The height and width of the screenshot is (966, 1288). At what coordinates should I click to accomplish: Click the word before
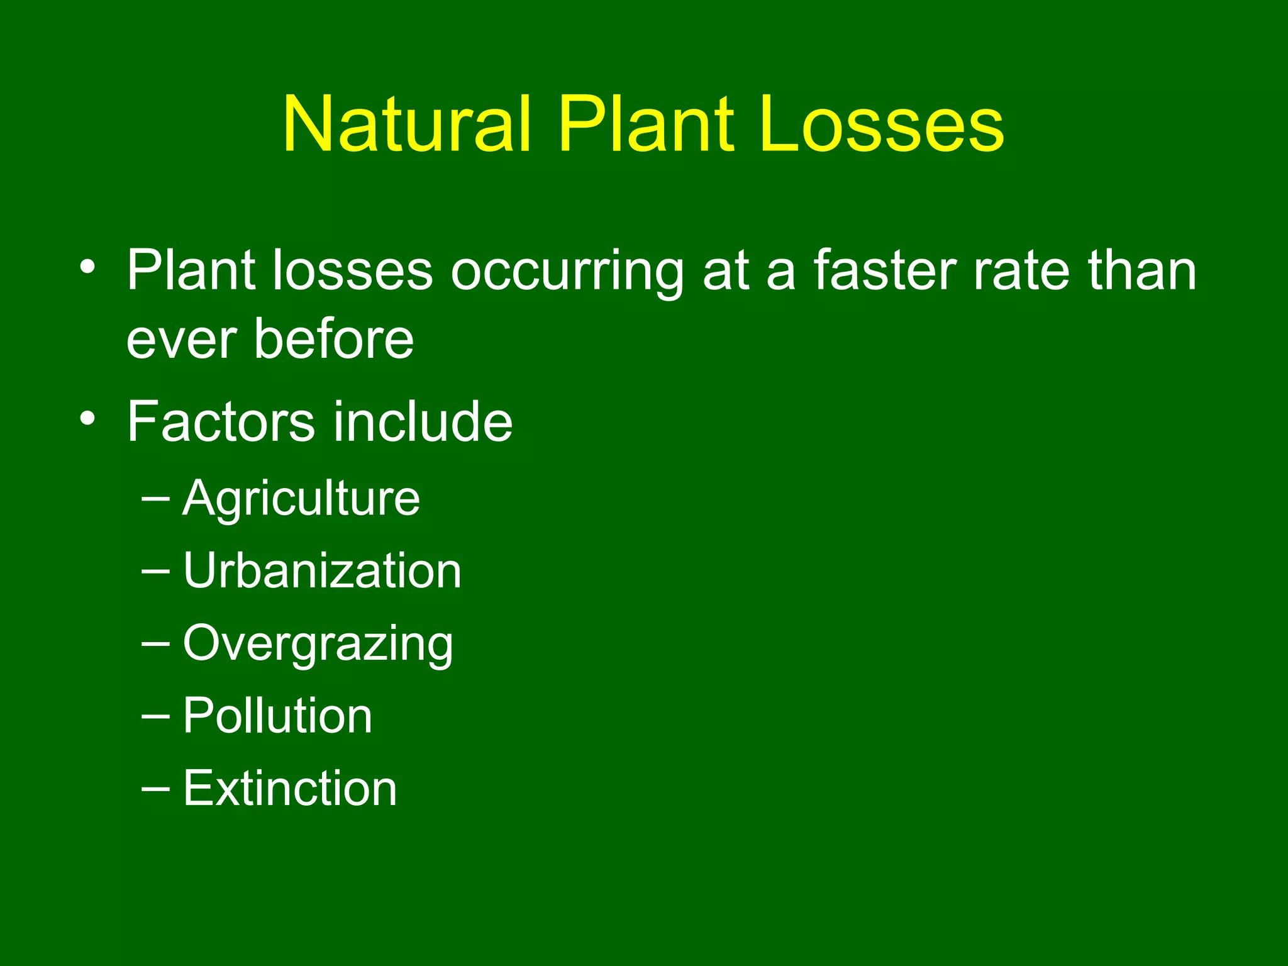click(x=334, y=339)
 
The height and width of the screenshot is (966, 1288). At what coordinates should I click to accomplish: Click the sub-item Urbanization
click(x=322, y=570)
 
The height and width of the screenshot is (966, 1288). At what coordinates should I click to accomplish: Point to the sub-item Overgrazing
click(x=318, y=645)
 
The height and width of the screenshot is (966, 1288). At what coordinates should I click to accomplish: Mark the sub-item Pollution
click(x=277, y=716)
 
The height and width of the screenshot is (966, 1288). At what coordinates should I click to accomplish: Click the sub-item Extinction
click(x=290, y=788)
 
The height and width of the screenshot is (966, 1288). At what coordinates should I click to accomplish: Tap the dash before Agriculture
click(x=155, y=499)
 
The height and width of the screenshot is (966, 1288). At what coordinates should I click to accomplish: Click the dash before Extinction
click(x=155, y=788)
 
